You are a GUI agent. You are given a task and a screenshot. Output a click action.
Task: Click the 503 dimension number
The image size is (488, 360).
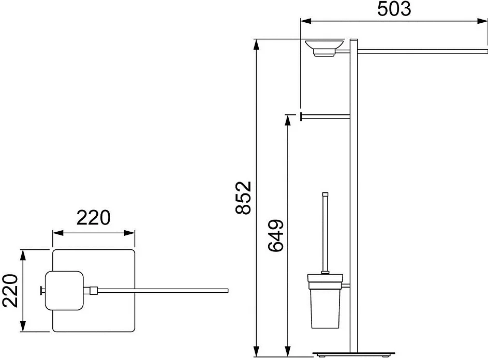394,9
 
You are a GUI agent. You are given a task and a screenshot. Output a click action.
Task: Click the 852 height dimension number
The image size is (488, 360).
243,198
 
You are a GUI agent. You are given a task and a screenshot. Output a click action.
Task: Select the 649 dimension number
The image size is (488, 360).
276,235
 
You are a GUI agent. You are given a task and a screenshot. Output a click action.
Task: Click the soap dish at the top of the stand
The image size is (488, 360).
324,48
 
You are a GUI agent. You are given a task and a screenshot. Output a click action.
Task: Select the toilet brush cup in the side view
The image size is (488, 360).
325,301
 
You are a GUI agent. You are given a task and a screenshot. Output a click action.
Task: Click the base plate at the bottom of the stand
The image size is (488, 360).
353,354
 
